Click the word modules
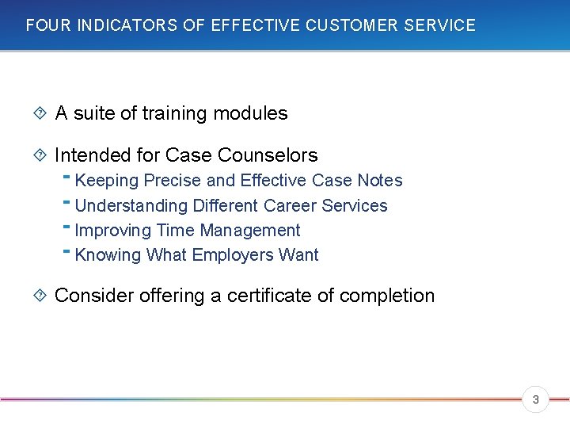[x=256, y=113]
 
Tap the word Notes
[x=380, y=181]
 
